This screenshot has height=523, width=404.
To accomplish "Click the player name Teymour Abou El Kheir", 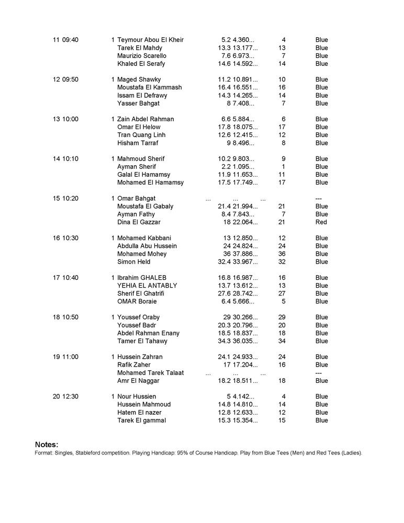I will click(x=150, y=40).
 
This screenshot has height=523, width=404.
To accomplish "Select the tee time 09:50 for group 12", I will click(x=70, y=79).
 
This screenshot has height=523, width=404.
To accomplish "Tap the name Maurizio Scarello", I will click(x=142, y=56).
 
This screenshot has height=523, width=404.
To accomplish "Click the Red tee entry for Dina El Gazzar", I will click(x=321, y=222).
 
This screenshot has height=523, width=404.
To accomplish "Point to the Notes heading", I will click(x=47, y=444).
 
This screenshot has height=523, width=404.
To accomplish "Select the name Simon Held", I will click(x=134, y=262).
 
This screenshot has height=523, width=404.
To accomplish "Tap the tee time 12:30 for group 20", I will click(x=70, y=396).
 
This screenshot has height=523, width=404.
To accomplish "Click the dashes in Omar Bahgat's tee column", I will click(x=318, y=199).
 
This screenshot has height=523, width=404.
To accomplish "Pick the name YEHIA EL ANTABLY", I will click(x=147, y=286).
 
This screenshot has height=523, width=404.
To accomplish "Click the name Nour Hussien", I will click(x=137, y=396).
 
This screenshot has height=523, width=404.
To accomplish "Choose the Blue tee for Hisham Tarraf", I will click(x=321, y=143).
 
